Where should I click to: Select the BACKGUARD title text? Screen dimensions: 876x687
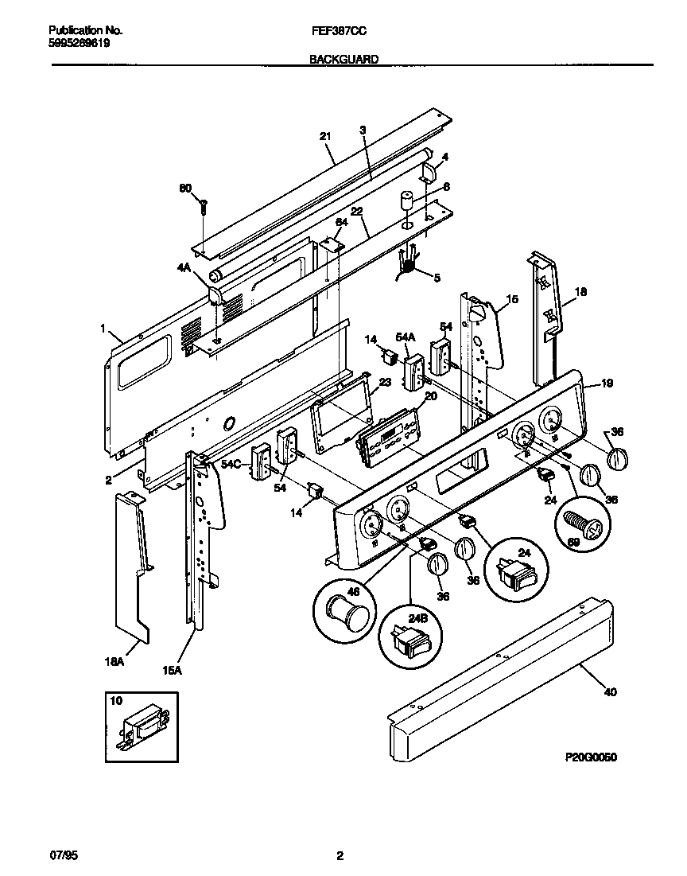(343, 59)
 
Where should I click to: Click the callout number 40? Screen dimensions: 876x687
(609, 691)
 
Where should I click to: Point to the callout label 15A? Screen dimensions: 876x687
(173, 671)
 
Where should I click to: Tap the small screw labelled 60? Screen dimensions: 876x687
(204, 207)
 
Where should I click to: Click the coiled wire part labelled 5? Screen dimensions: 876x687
(407, 262)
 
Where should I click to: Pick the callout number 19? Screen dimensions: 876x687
(607, 383)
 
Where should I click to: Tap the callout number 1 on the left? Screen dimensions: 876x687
(103, 327)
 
